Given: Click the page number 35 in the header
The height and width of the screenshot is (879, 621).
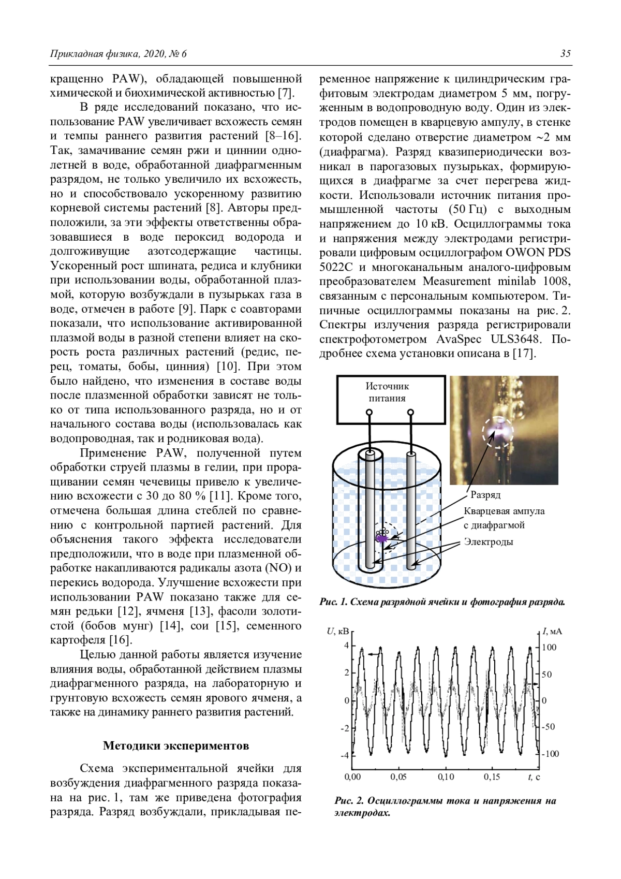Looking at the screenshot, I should click(565, 54).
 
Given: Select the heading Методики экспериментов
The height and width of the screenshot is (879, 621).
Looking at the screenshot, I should click(176, 745).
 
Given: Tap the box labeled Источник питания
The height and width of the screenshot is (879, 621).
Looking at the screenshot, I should click(391, 399).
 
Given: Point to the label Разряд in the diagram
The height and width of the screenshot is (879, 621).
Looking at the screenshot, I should click(485, 495).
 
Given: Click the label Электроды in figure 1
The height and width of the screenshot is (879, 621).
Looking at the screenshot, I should click(488, 542).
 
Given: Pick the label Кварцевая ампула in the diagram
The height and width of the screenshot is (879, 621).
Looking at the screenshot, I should click(504, 511).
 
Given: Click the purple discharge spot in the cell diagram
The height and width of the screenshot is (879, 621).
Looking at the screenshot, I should click(381, 538).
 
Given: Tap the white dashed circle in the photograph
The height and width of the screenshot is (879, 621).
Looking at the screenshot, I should click(498, 431).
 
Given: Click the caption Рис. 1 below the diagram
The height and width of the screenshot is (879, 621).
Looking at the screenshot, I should click(442, 602).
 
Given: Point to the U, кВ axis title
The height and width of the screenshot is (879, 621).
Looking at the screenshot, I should click(338, 631).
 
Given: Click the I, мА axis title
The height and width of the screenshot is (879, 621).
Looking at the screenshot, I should click(552, 631).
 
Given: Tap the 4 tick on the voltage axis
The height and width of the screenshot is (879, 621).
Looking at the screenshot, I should click(347, 646).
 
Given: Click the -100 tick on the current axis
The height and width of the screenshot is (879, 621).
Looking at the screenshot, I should click(551, 754).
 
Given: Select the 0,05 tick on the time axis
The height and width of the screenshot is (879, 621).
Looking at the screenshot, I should click(398, 777).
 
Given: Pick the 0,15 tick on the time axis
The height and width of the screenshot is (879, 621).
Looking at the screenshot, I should click(492, 777).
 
